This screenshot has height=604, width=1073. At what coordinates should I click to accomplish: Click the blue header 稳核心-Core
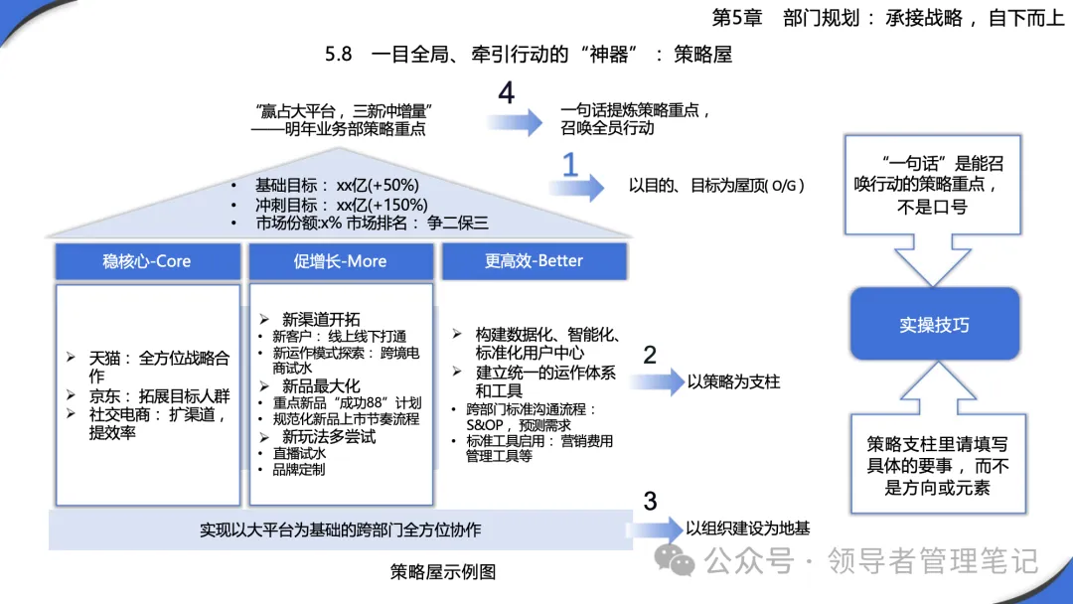point(148,261)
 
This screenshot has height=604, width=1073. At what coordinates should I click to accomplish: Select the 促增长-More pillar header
point(341,261)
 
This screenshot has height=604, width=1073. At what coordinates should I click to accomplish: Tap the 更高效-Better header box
point(535,261)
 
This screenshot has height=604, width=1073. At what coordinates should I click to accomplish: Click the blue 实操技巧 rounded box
point(935,324)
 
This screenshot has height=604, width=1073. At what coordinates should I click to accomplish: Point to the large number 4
point(507,93)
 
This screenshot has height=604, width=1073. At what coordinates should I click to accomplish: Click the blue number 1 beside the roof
point(570,166)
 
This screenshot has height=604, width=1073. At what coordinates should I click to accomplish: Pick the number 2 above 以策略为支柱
point(650,355)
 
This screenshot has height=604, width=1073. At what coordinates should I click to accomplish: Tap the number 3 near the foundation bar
point(650,502)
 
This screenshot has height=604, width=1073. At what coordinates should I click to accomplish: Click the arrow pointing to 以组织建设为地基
point(654,528)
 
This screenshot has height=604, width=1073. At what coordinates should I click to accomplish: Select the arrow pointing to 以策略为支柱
point(657,381)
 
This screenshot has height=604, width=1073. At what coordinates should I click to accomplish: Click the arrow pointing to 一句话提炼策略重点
point(515,122)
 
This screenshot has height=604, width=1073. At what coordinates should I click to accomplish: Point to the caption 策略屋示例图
point(443,572)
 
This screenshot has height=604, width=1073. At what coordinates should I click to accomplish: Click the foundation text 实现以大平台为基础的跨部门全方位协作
point(340,530)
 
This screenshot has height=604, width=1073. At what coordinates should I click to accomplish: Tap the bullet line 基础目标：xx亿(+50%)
point(337,186)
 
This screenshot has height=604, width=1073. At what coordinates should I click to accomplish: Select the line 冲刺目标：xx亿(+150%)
point(342,205)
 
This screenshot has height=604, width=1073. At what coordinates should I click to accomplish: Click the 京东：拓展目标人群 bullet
point(159,396)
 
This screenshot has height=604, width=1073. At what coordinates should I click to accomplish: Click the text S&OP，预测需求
point(518,425)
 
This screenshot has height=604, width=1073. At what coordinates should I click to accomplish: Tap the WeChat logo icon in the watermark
point(675,560)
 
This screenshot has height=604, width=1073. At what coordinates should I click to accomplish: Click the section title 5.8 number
point(338,54)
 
